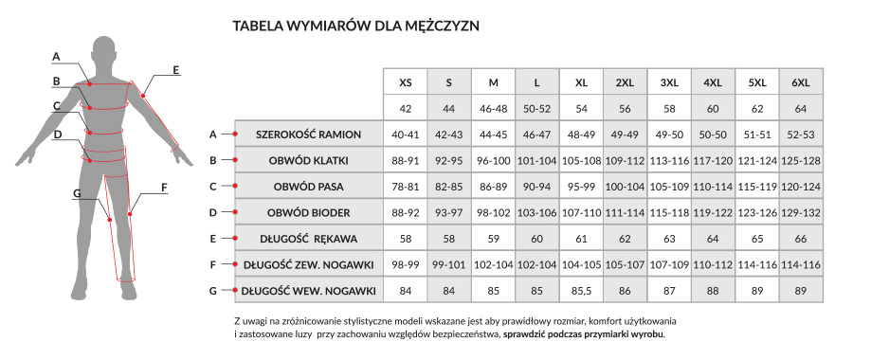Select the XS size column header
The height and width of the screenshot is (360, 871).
(405, 82)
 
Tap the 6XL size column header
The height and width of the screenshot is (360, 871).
(801, 82)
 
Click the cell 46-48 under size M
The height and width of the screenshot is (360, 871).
(493, 109)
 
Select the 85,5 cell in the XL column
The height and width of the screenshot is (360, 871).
(581, 290)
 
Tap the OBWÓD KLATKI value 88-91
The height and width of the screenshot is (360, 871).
(405, 160)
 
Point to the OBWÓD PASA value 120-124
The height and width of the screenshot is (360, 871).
(801, 187)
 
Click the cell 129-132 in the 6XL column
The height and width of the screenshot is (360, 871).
(801, 212)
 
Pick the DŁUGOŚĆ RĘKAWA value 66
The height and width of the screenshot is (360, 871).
(801, 239)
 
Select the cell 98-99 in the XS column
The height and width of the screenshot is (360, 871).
(405, 264)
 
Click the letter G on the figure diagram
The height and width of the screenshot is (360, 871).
(78, 193)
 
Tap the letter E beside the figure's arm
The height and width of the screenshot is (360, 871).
(175, 69)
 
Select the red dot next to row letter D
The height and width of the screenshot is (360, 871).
(235, 212)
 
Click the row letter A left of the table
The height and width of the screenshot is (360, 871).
(213, 135)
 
